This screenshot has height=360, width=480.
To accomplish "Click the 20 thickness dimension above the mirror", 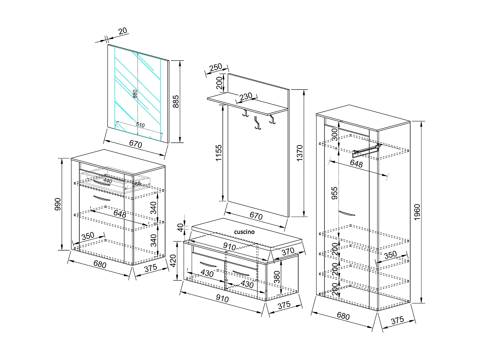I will [123, 31].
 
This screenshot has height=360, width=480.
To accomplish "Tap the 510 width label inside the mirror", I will [140, 125].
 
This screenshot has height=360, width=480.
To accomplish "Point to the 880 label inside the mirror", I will [135, 93].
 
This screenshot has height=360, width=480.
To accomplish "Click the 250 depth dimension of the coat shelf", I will [216, 68].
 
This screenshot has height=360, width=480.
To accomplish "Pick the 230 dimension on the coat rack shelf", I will [246, 96].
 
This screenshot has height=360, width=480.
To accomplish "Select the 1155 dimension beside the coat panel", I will [219, 153].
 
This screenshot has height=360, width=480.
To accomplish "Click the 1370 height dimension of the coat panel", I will [300, 153].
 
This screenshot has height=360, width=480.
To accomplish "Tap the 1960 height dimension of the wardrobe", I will [417, 212].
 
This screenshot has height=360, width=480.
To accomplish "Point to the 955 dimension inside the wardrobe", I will [334, 193].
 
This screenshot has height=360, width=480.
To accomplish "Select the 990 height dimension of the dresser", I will [58, 204].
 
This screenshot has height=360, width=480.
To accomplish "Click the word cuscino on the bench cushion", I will [244, 232].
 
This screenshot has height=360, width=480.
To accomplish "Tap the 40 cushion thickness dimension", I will [181, 228].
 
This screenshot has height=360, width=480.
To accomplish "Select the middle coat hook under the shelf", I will [256, 123].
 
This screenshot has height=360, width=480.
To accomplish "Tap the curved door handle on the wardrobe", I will [347, 213].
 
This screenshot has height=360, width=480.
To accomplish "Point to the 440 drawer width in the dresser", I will [108, 181].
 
